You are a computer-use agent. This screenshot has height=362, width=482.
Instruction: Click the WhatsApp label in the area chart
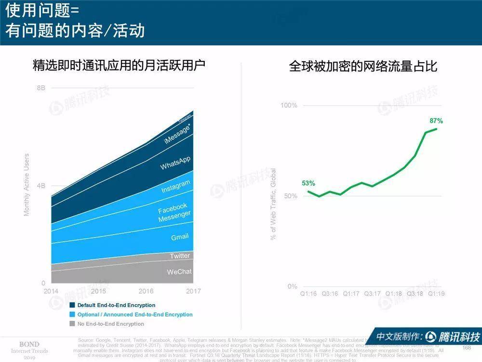pyautogui.click(x=175, y=163)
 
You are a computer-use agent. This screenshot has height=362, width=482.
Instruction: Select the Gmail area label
pyautogui.click(x=180, y=237)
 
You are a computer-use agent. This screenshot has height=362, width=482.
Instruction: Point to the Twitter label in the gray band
pyautogui.click(x=180, y=256)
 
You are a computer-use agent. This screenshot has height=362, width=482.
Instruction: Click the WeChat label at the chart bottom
pyautogui.click(x=179, y=272)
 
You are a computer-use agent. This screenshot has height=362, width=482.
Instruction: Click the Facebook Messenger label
pyautogui.click(x=174, y=212)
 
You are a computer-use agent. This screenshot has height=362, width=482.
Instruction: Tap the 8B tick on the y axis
pyautogui.click(x=41, y=88)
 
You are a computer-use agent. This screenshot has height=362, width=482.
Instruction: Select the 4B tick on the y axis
pyautogui.click(x=41, y=186)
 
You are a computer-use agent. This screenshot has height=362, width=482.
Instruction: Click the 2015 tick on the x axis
pyautogui.click(x=98, y=292)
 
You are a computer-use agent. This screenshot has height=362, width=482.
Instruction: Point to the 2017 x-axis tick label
pyautogui.click(x=193, y=292)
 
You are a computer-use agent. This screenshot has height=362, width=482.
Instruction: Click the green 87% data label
pyautogui.click(x=436, y=121)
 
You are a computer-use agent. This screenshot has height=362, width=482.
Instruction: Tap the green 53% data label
pyautogui.click(x=308, y=183)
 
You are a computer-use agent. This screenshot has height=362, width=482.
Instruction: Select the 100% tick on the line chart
pyautogui.click(x=289, y=106)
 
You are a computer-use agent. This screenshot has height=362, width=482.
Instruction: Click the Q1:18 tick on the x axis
pyautogui.click(x=394, y=293)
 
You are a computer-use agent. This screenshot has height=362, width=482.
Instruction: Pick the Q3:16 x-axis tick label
pyautogui.click(x=330, y=293)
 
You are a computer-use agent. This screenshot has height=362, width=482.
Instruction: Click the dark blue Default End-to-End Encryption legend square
pyautogui.click(x=72, y=305)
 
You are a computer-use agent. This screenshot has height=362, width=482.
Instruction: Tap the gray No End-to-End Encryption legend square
pyautogui.click(x=72, y=323)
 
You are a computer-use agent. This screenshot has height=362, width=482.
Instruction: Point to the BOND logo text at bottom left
pyautogui.click(x=29, y=344)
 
